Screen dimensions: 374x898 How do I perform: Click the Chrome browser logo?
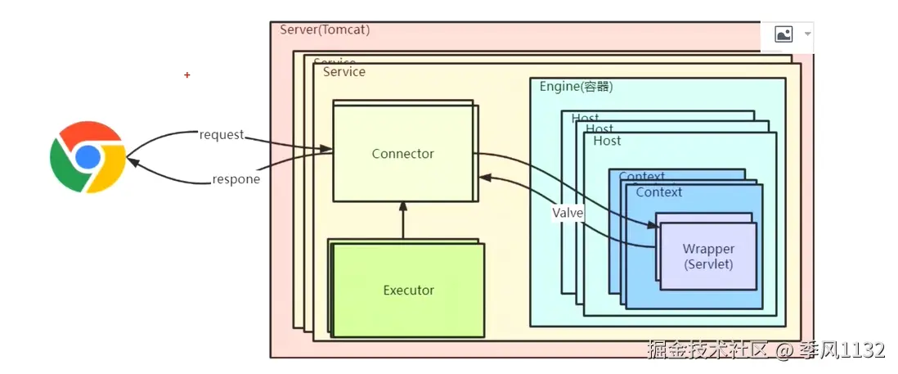pos(88,156)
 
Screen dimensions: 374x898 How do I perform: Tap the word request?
pos(222,134)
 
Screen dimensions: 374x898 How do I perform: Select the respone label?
pos(236,179)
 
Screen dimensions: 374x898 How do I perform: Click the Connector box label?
pos(402,154)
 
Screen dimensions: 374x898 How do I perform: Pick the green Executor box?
pos(408,290)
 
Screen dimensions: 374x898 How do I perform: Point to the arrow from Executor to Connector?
pos(402,220)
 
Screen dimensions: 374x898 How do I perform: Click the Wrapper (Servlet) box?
pos(708,256)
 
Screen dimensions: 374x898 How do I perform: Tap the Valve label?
pos(568,213)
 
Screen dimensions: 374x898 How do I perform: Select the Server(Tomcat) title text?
pos(325,30)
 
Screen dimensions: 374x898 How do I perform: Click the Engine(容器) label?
pos(576,87)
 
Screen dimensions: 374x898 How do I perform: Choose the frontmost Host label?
pos(607,141)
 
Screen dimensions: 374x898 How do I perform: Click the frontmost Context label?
pos(658,192)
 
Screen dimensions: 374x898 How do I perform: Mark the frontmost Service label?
pos(344,72)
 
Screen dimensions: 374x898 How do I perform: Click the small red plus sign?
pos(187,75)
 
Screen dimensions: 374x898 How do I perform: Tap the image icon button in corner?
pos(784,34)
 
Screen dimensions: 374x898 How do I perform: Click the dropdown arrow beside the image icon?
pos(808,34)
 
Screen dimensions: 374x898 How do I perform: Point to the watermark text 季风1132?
pos(842,350)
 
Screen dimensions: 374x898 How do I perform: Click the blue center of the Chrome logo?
pos(88,156)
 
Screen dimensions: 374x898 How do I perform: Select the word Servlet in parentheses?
pos(708,264)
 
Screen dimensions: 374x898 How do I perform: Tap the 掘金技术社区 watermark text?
pos(708,350)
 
